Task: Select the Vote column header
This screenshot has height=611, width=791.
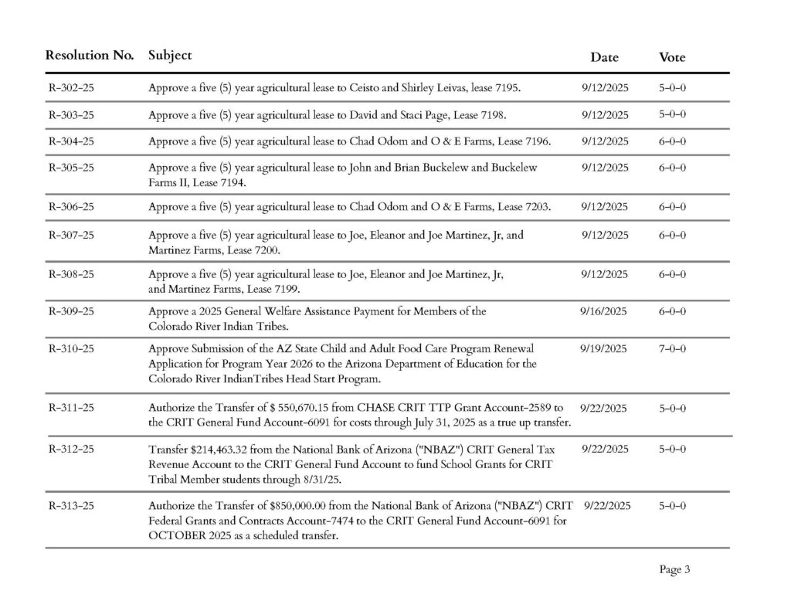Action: tap(671, 57)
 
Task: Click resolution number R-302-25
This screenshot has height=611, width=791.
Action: tap(71, 88)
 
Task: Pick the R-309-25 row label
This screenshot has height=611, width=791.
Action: tap(71, 312)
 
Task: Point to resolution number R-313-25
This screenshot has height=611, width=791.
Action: tap(71, 506)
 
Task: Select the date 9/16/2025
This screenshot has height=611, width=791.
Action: tap(603, 311)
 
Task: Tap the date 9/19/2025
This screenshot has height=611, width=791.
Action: tap(603, 348)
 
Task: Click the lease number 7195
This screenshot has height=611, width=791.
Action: tap(505, 89)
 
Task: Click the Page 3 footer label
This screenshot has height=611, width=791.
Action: tap(674, 570)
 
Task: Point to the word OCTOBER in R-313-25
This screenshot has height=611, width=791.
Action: tap(171, 535)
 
